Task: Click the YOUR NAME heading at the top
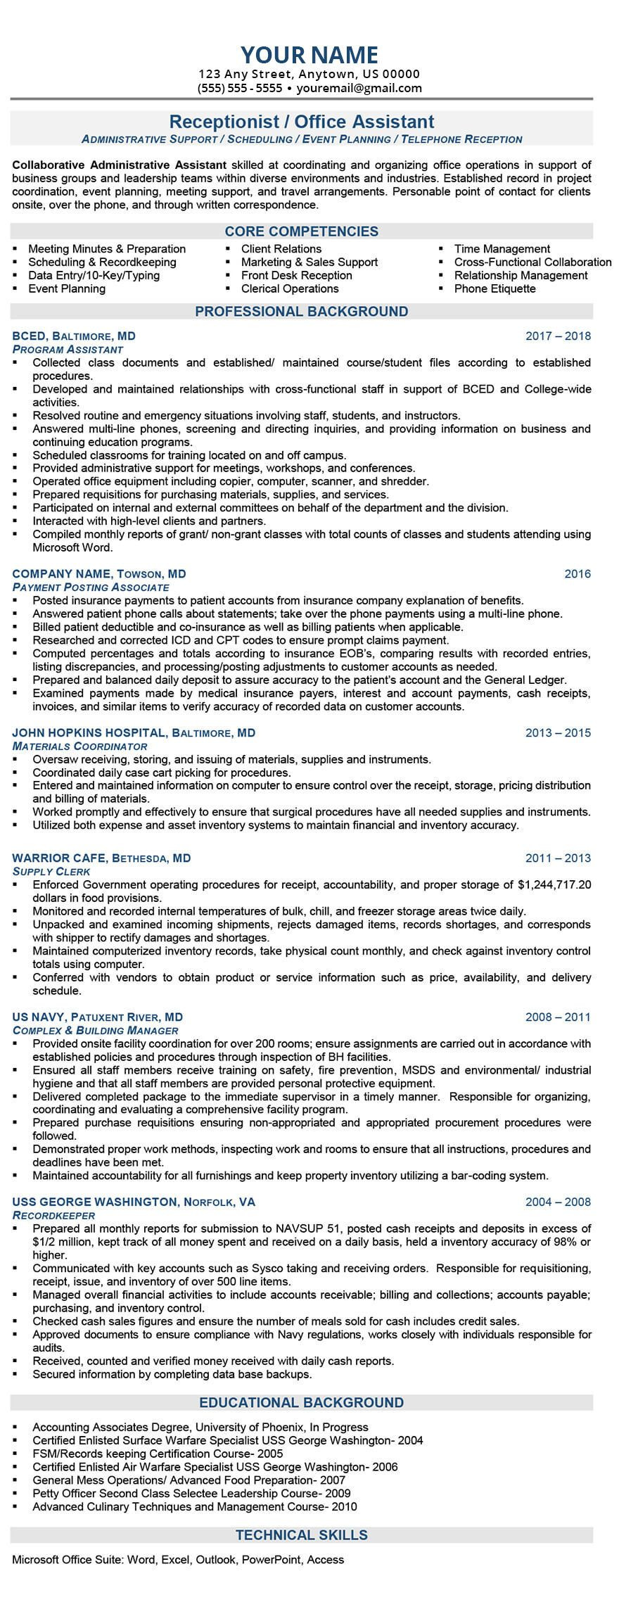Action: tap(309, 55)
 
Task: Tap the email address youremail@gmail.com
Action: tap(359, 88)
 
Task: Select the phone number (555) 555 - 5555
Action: tap(240, 88)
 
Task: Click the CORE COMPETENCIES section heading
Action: tap(301, 231)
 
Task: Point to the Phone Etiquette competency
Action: tap(494, 288)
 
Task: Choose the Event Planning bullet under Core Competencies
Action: tap(67, 288)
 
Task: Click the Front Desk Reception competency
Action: tap(296, 275)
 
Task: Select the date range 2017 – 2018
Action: tap(558, 336)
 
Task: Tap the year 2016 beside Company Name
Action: tap(577, 573)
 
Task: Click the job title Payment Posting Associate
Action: tap(91, 587)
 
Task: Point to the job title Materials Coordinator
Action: tap(79, 746)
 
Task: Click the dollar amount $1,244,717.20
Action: tap(554, 884)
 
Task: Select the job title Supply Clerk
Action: tap(51, 871)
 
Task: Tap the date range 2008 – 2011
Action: tap(558, 1017)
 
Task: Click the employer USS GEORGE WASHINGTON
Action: tap(95, 1201)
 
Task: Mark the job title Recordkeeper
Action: tap(53, 1215)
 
